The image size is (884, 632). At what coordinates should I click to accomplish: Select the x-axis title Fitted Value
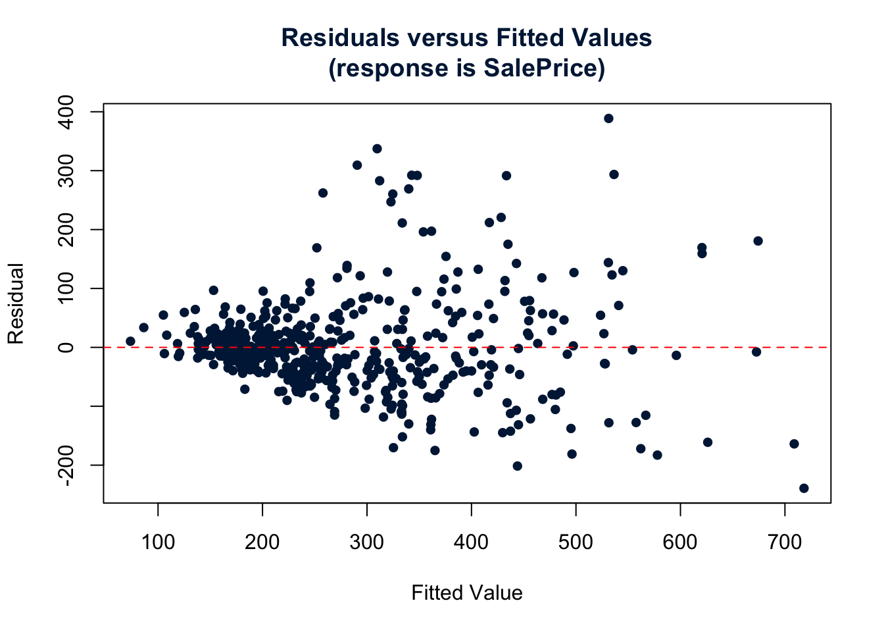click(466, 593)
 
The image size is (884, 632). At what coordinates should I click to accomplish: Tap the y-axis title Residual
click(16, 303)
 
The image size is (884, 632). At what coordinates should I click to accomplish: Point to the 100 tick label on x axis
click(158, 542)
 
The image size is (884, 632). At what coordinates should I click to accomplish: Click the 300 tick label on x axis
click(366, 542)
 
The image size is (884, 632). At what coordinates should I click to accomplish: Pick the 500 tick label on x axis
click(576, 542)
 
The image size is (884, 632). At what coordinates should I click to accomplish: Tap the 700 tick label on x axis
click(785, 542)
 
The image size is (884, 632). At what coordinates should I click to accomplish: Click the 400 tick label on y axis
click(66, 112)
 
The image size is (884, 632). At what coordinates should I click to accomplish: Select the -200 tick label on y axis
click(66, 465)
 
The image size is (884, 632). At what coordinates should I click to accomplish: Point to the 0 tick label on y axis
click(66, 347)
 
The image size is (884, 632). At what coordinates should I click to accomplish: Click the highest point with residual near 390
click(608, 118)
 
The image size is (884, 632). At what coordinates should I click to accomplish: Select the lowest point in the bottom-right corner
click(804, 488)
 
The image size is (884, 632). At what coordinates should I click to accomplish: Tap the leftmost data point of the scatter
click(130, 341)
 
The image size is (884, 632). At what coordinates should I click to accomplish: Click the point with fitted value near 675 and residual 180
click(758, 241)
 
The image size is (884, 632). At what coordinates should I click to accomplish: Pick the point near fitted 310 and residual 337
click(377, 149)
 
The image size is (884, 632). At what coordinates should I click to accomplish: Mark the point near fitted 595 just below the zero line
click(676, 355)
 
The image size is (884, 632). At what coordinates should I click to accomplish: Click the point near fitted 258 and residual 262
click(323, 193)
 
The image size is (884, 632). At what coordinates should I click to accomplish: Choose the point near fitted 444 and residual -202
click(517, 466)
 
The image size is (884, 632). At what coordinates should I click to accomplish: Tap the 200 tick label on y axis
click(66, 230)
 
